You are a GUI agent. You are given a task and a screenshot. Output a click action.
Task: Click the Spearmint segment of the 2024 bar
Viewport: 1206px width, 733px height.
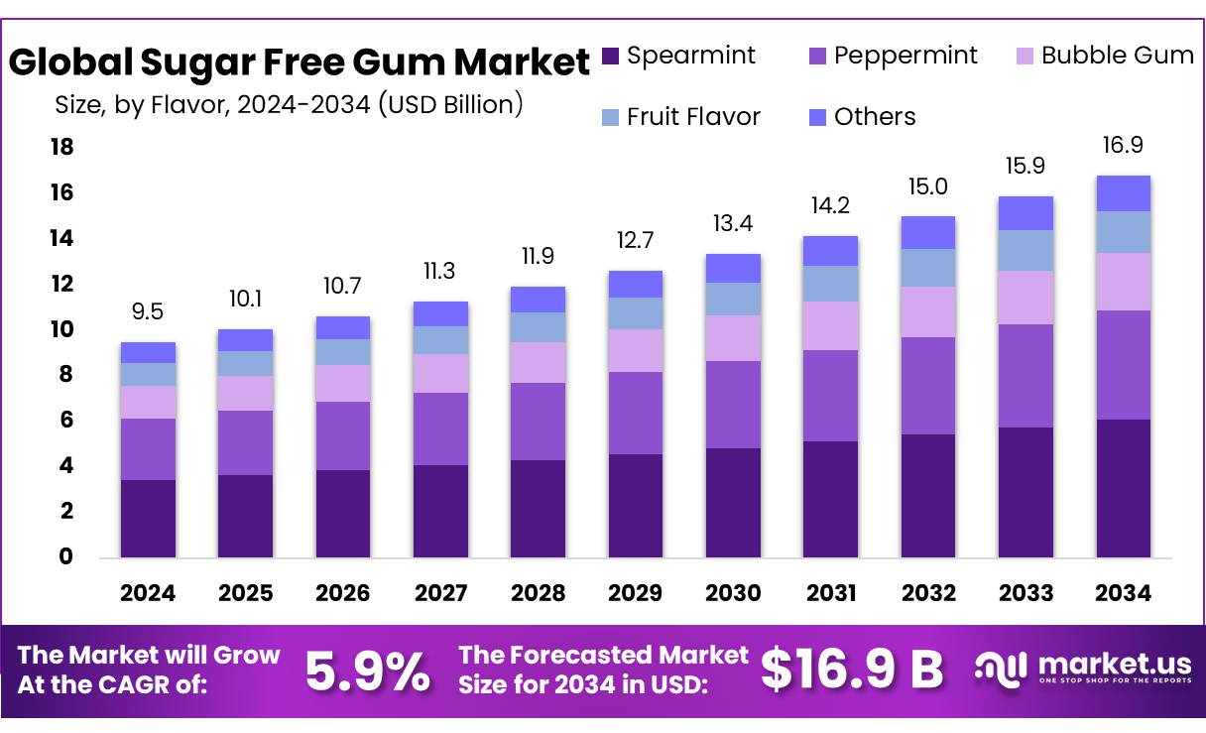click(148, 519)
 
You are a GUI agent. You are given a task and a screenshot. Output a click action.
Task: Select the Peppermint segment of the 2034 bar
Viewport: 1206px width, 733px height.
click(1124, 365)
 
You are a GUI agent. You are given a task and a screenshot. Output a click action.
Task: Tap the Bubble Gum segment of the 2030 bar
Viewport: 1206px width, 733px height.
click(733, 338)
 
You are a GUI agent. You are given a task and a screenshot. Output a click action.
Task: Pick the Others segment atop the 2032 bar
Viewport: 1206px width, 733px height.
click(928, 232)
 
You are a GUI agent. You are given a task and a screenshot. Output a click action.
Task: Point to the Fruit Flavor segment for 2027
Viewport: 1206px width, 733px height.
click(440, 340)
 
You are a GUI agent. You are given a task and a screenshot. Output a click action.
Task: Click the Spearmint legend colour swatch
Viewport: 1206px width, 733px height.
click(610, 57)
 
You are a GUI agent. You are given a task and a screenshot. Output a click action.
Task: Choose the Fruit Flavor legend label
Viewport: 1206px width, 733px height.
click(693, 117)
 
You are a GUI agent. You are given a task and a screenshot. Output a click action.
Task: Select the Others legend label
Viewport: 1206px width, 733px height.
click(875, 117)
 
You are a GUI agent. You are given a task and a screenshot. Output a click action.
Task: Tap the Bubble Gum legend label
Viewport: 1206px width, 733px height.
click(1118, 56)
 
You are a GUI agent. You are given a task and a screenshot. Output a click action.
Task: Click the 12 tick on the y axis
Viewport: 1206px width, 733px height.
click(61, 284)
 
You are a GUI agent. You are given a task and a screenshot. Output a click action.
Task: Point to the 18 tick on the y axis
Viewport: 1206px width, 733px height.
click(61, 147)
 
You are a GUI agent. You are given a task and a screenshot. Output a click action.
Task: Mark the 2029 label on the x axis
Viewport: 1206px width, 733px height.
click(636, 593)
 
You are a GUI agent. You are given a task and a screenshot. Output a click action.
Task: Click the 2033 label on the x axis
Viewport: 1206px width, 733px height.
click(1025, 593)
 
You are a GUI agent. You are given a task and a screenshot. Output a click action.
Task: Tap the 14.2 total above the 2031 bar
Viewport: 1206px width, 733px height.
click(831, 206)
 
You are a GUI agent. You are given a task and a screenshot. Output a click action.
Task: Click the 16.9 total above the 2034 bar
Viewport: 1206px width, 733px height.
click(1124, 147)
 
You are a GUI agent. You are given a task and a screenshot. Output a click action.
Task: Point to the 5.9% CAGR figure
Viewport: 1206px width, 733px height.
click(368, 672)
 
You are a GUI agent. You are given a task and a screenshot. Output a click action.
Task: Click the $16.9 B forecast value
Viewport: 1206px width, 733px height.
click(852, 670)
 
